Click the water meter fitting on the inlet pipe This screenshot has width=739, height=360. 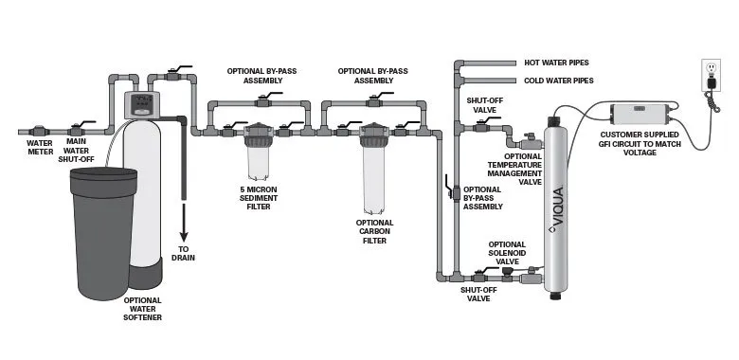38,132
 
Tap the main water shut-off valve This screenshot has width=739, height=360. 78,129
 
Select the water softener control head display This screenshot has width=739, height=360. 141,104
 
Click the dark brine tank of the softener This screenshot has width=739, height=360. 103,233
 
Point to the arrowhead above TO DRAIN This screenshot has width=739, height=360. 184,236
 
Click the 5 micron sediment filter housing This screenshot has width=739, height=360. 258,151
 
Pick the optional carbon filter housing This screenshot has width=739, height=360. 373,169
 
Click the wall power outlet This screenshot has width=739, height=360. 711,76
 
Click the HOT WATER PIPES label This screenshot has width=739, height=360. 556,63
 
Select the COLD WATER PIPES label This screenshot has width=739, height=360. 558,81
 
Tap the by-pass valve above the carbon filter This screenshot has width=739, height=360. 375,100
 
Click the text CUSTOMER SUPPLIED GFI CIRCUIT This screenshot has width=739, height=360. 640,139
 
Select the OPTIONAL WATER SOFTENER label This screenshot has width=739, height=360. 142,309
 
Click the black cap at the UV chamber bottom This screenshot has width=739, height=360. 555,295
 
